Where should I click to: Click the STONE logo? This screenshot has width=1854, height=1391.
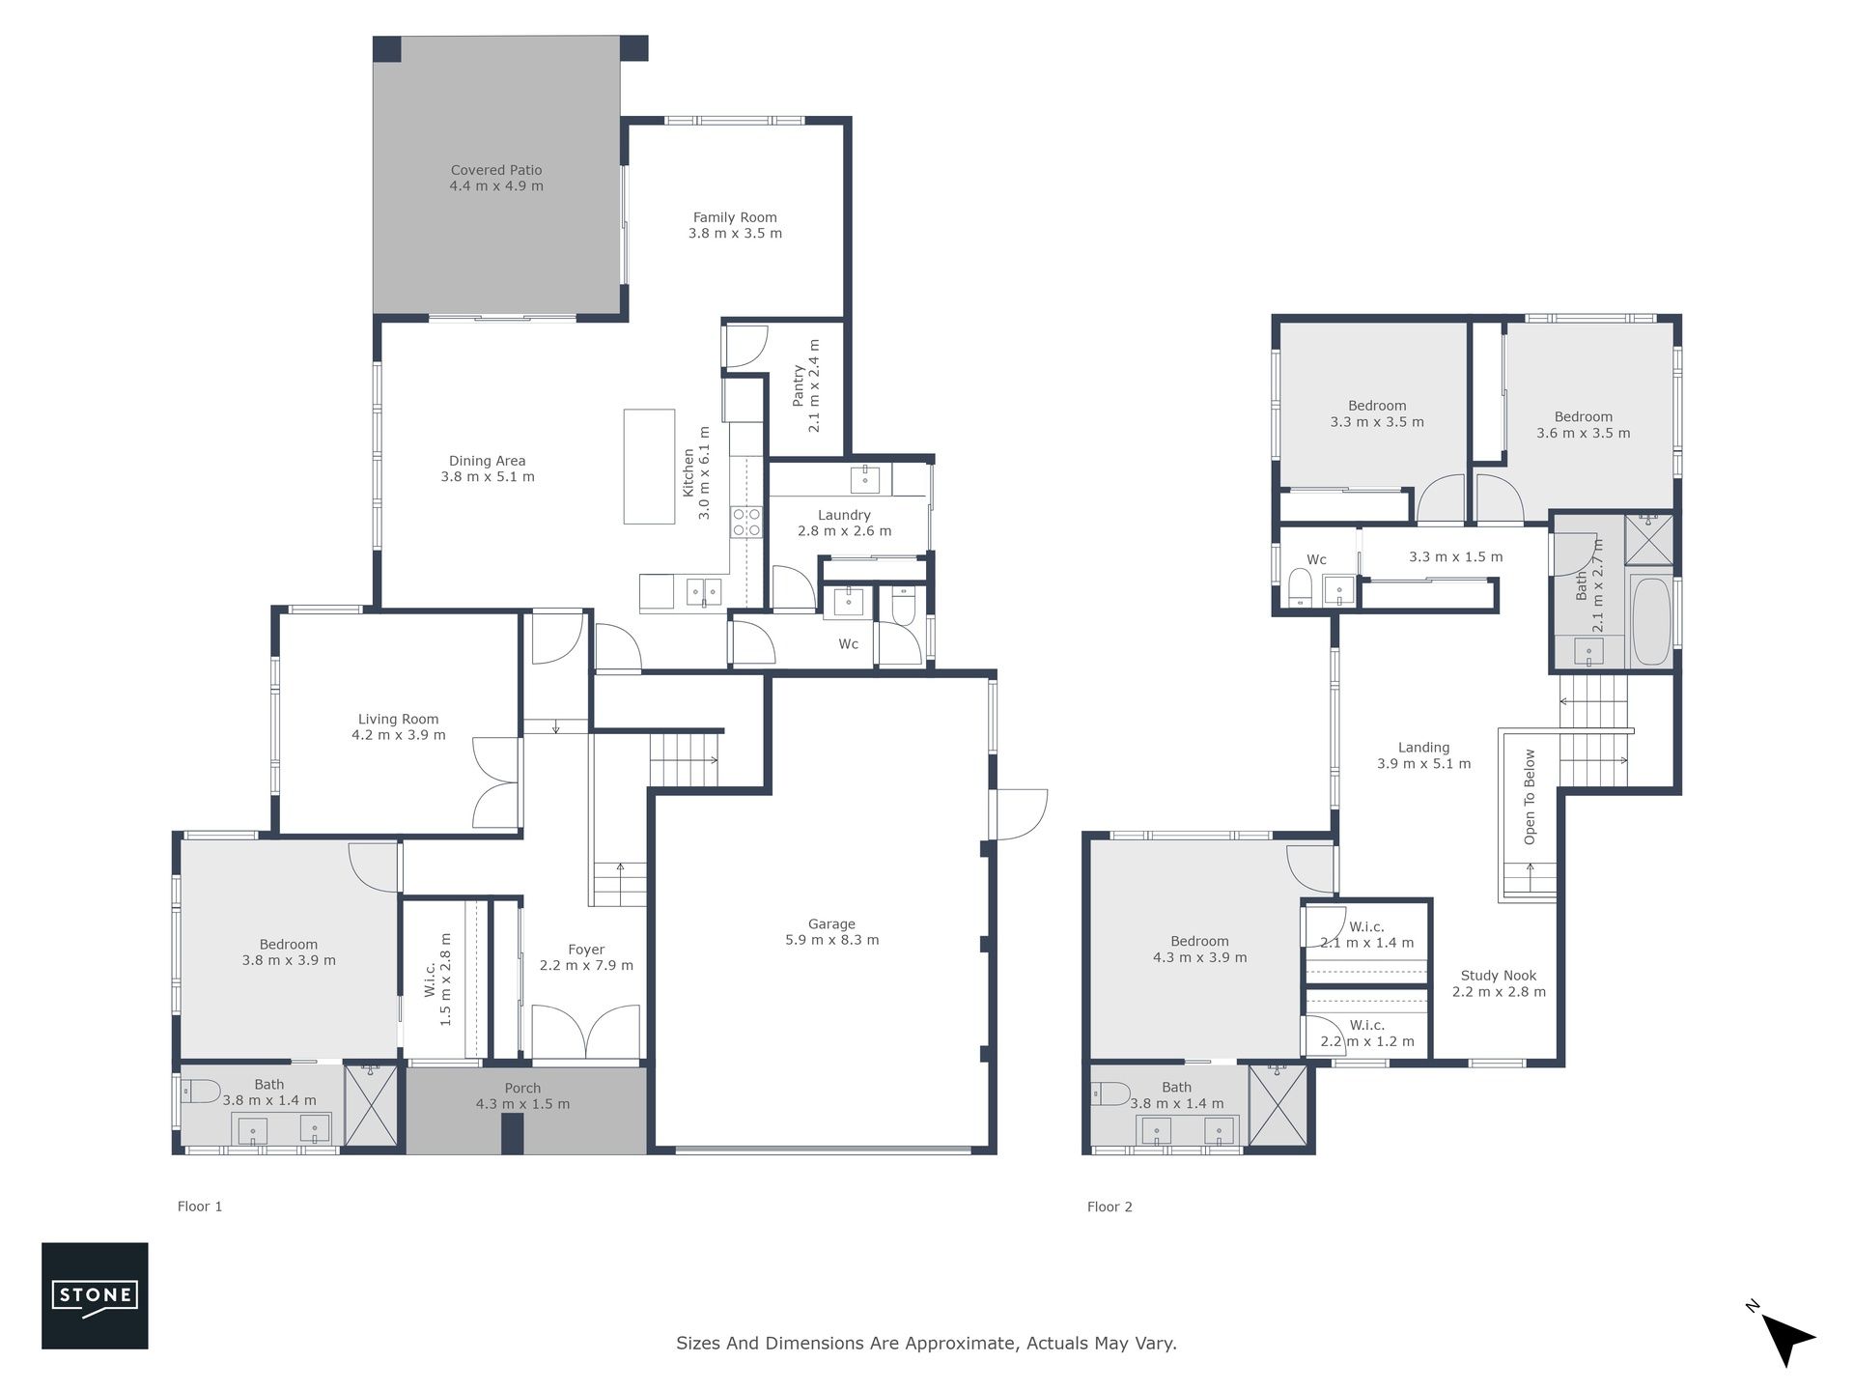tap(95, 1295)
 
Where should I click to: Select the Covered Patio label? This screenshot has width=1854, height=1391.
tap(496, 170)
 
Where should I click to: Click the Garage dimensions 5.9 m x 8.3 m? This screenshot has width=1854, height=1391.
tap(832, 940)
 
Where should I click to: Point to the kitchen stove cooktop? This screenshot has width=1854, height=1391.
tap(746, 522)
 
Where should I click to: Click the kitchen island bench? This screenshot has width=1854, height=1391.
tap(649, 467)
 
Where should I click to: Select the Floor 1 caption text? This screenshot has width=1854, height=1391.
tap(200, 1206)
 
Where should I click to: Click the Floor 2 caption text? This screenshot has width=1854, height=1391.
tap(1110, 1206)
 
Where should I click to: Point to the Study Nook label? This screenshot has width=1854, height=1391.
tap(1499, 976)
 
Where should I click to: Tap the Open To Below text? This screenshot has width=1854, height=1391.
tap(1530, 797)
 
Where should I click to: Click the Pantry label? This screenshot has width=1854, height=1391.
tap(799, 384)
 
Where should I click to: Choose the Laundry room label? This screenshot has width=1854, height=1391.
tap(844, 515)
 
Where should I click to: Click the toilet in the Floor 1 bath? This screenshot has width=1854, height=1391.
tap(202, 1092)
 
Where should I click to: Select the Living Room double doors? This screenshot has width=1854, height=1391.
tap(497, 782)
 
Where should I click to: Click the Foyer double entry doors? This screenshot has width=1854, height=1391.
tap(585, 1033)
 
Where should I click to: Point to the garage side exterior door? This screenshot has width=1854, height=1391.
tap(1020, 814)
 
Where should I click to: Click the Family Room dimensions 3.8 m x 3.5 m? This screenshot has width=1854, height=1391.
tap(736, 233)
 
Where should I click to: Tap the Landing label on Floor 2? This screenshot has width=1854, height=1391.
tap(1423, 747)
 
